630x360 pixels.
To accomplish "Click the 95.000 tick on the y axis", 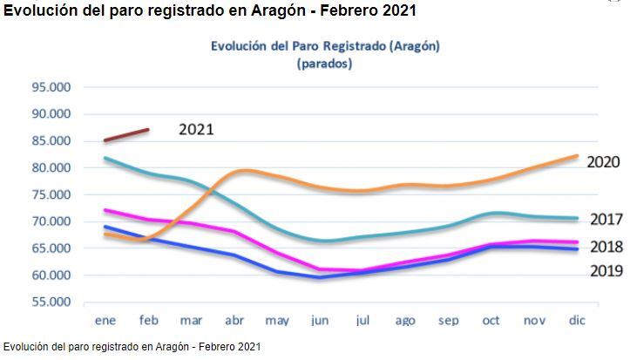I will tap(51, 87).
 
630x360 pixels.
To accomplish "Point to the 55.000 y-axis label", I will tap(51, 302).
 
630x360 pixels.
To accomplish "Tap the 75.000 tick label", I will tap(51, 194).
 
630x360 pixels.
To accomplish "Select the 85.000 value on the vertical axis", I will tap(51, 141).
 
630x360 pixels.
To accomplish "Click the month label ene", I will tap(105, 322).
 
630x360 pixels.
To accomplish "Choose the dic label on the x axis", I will tap(576, 322).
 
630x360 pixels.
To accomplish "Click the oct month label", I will tap(492, 322).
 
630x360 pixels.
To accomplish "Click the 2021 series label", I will tap(196, 129).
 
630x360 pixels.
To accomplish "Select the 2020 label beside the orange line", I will tap(603, 162).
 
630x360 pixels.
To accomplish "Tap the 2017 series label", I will tap(606, 220).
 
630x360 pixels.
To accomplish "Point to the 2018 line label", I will tap(606, 247).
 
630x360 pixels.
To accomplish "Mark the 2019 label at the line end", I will tap(606, 271).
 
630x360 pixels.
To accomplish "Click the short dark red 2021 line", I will tap(126, 135).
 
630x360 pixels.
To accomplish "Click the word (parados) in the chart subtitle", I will tap(325, 64).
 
